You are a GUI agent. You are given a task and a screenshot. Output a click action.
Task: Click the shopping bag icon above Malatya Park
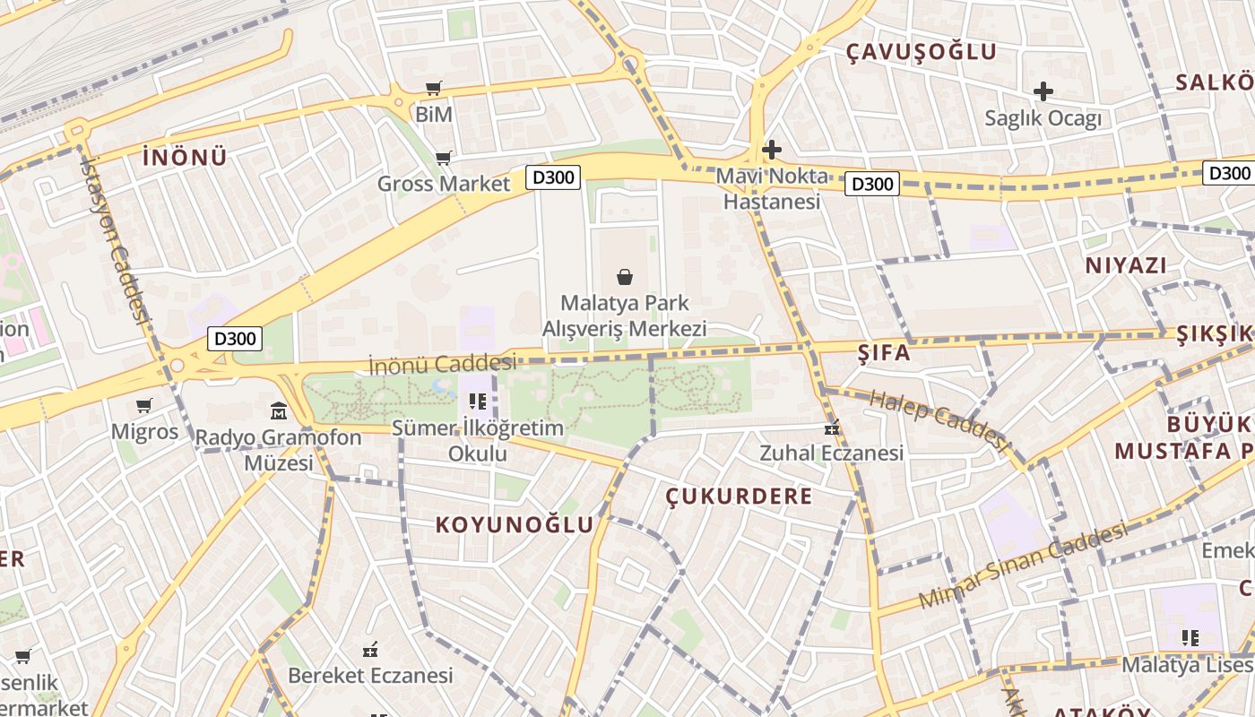(x=625, y=277)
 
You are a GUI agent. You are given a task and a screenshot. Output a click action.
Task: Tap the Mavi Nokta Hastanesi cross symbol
(x=771, y=150)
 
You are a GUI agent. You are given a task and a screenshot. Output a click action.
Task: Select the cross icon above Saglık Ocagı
(x=1043, y=91)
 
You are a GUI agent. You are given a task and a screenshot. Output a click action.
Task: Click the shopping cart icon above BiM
(x=434, y=88)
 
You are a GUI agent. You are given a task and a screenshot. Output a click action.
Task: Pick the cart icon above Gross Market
(x=443, y=159)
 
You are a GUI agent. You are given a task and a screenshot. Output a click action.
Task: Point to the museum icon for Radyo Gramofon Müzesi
(x=279, y=411)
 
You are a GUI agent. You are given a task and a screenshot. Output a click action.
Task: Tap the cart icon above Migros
(x=144, y=405)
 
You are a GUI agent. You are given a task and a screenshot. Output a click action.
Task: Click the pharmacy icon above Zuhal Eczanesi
(x=832, y=428)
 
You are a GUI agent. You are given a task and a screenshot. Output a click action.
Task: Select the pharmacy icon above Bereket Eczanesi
(x=370, y=650)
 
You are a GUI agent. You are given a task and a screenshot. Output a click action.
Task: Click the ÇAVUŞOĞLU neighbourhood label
(x=922, y=51)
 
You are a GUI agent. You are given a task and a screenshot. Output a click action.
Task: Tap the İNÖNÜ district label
(x=185, y=157)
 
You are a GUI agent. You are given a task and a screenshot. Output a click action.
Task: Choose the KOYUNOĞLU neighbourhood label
(x=515, y=524)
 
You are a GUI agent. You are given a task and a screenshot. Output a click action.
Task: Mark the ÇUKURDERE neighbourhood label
(x=740, y=496)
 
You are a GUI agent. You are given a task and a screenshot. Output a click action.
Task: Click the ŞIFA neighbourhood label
(x=884, y=352)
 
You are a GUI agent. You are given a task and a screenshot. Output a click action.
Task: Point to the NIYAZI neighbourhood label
(x=1126, y=265)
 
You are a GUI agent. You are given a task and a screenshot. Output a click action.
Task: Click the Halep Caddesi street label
(x=939, y=418)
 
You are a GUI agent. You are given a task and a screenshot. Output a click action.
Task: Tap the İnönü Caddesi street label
(x=443, y=364)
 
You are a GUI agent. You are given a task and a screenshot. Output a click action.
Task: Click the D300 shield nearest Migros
(x=236, y=339)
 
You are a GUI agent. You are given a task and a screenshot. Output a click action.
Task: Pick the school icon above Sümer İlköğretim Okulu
(x=477, y=402)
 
